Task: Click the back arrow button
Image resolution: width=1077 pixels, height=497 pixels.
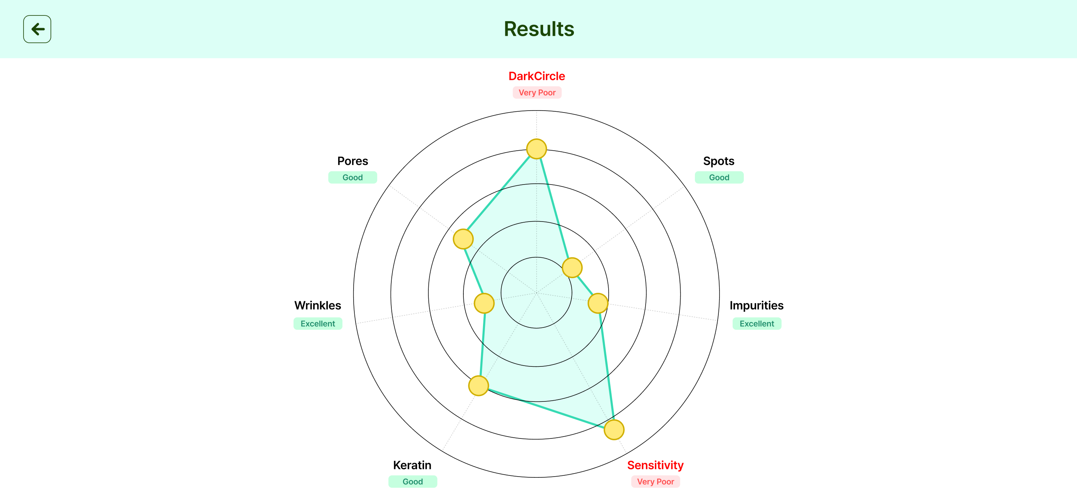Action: coord(37,29)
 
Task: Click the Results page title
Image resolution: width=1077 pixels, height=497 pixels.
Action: coord(538,29)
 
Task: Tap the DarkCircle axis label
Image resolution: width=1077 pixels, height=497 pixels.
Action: coord(537,76)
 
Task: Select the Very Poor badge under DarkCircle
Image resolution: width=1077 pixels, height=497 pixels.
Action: coord(537,92)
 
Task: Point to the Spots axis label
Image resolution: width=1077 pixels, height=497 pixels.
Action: coord(718,161)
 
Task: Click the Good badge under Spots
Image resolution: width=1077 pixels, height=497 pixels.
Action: coord(719,177)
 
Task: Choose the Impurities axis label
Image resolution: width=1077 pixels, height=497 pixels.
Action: coord(756,306)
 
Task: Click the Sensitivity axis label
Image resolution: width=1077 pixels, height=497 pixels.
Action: coord(655,465)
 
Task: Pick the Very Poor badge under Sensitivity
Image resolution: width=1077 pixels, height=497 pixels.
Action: coord(655,482)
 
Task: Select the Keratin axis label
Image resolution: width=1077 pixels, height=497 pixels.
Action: coord(412,465)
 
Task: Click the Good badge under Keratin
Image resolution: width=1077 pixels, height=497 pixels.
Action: coord(412,482)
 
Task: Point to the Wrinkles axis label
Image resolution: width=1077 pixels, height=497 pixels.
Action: coord(317,306)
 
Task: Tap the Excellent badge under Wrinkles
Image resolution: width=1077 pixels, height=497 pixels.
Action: coord(317,323)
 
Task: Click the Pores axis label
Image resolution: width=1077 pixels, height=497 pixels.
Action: coord(352,161)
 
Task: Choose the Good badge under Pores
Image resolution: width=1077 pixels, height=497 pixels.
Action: coord(352,177)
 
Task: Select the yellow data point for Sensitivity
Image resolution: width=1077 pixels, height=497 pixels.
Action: coord(614,430)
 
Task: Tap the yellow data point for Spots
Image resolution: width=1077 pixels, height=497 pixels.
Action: coord(572,268)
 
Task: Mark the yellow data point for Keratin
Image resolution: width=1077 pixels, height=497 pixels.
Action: coord(478,386)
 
